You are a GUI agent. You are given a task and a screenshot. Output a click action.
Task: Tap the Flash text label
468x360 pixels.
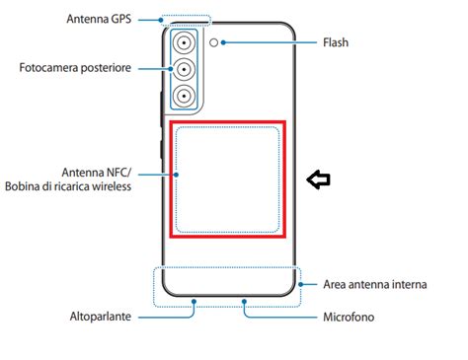coord(336,42)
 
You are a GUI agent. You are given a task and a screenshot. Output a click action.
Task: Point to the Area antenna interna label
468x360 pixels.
coord(374,284)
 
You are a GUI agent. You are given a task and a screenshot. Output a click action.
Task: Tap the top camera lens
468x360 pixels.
coord(185,43)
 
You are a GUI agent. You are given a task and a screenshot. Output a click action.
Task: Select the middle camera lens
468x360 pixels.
coord(185,69)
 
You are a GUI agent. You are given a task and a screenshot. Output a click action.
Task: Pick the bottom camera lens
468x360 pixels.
coord(185,95)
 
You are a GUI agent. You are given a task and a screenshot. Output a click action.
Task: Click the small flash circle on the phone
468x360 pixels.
coord(214,42)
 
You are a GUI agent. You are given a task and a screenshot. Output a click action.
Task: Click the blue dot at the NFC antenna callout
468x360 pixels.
coord(177,174)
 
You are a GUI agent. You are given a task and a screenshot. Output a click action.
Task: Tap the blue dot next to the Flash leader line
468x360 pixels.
coord(226,42)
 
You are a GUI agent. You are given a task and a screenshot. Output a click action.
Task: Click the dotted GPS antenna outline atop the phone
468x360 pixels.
coord(184,19)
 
